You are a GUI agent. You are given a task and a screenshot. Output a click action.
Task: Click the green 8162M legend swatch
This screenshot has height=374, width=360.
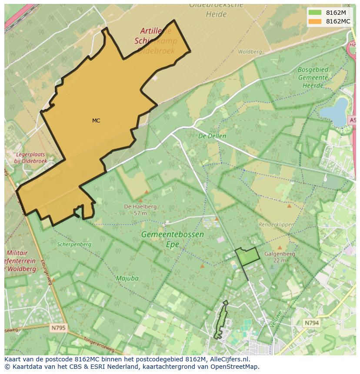315,13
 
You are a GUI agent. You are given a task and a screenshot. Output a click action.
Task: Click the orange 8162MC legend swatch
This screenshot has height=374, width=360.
315,21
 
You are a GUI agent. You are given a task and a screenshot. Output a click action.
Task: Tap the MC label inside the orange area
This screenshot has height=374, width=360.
96,121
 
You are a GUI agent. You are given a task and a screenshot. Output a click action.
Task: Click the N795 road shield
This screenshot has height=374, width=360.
57,328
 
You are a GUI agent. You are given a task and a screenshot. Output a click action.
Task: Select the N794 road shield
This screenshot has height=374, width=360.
311,323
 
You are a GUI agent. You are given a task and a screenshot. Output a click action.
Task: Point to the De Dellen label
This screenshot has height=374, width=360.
212,136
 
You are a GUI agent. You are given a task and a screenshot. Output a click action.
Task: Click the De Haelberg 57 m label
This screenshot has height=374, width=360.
140,210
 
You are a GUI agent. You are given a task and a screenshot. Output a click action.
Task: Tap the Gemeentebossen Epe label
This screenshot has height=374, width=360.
172,239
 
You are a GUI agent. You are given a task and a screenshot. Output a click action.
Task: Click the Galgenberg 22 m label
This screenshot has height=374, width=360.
280,257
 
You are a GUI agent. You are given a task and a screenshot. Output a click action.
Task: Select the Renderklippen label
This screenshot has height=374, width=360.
277,225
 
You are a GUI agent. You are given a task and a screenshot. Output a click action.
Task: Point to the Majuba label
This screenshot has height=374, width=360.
127,278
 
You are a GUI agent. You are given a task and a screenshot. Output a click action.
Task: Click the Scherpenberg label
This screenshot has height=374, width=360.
74,244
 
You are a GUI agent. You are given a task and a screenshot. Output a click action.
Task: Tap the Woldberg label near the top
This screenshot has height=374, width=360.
250,52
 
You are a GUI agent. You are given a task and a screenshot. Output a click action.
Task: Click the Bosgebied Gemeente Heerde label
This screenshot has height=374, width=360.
313,77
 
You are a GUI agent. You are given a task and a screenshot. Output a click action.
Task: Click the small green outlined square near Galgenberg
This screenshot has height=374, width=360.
247,256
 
